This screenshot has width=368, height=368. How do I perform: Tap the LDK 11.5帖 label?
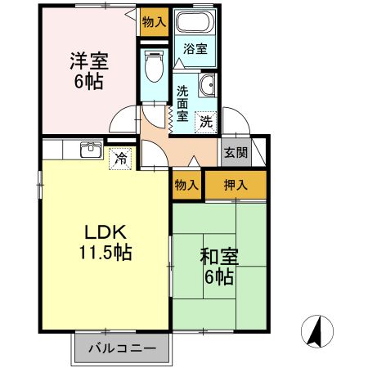tap(105, 240)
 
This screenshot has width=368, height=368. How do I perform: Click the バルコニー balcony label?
tap(122, 348)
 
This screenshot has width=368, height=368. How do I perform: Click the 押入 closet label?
tap(236, 185)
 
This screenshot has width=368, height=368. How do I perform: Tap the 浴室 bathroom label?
tap(195, 49)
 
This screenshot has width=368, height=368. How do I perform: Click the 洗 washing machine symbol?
tap(208, 120)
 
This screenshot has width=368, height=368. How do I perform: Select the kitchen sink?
tap(91, 149)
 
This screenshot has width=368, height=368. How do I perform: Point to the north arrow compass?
tap(319, 330)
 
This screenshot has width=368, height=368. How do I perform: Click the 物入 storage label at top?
tap(154, 22)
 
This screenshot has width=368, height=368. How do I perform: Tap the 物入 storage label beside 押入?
tap(186, 185)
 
